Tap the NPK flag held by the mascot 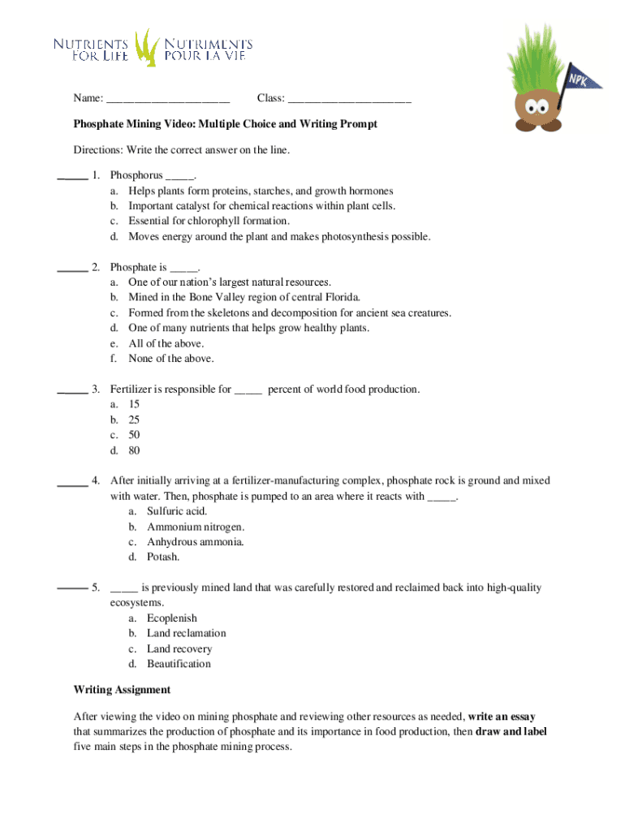[x=578, y=79]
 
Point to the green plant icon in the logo [x=145, y=47]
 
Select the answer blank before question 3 [x=72, y=391]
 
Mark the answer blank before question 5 [x=72, y=588]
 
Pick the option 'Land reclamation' [x=187, y=633]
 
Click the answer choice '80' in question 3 [x=134, y=450]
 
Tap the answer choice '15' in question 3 [x=134, y=404]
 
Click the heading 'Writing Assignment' [x=122, y=690]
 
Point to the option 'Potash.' [x=163, y=557]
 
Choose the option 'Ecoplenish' [x=172, y=618]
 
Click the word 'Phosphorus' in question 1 [x=136, y=175]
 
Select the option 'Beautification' [x=179, y=664]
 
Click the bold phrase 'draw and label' [x=511, y=731]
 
